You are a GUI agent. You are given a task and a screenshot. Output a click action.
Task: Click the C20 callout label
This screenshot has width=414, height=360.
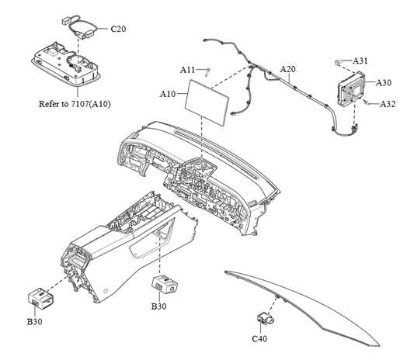point(118,29)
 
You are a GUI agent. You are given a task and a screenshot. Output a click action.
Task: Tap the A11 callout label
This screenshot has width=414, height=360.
point(188,70)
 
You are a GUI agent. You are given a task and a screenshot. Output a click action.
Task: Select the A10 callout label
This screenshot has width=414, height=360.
point(168,94)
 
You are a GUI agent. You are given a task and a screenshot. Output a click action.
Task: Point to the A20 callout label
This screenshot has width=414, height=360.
point(287,69)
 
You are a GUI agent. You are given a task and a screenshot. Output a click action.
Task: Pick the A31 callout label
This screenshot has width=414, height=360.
point(361,61)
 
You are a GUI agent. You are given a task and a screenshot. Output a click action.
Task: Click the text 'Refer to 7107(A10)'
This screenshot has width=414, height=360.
point(74,103)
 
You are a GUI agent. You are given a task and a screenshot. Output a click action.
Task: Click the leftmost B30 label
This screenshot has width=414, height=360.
point(36,320)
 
